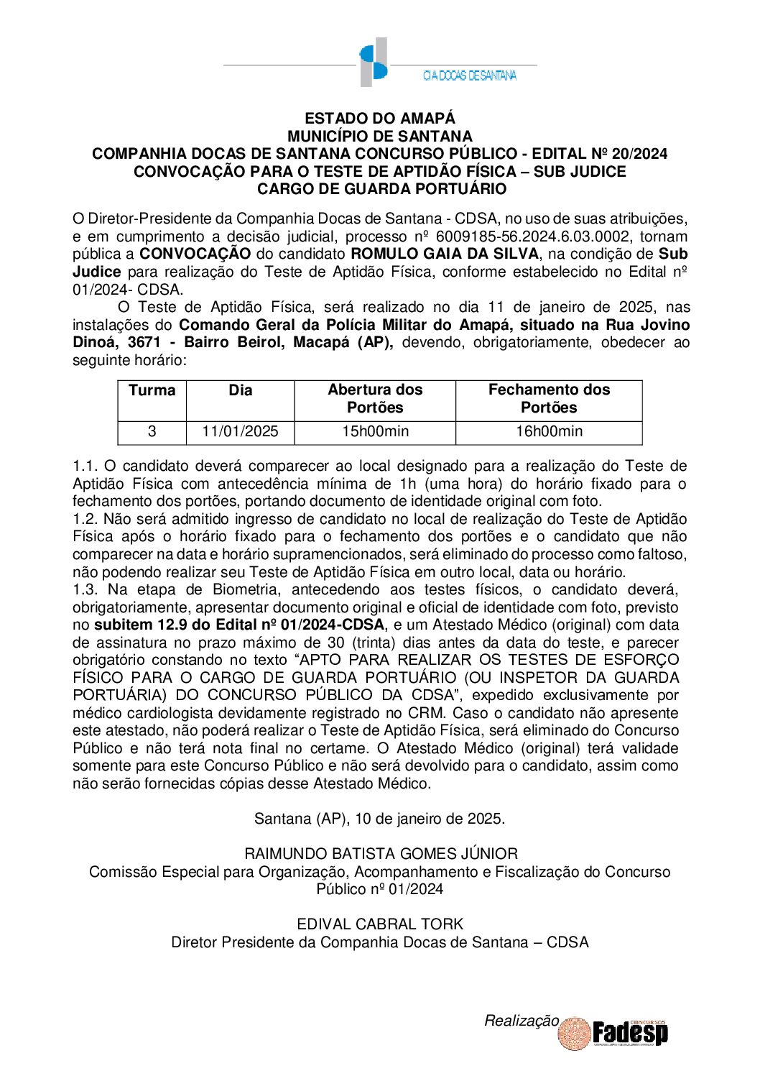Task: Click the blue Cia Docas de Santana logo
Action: click(x=374, y=63)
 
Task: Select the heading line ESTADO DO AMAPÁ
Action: click(x=379, y=119)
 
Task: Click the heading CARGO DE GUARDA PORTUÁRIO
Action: click(x=381, y=189)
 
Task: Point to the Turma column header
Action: click(x=152, y=390)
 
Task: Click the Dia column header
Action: click(x=240, y=390)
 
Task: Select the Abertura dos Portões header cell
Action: click(x=375, y=399)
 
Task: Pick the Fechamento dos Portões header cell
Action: click(x=549, y=399)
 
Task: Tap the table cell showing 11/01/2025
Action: click(x=240, y=432)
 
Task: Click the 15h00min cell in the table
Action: click(x=375, y=432)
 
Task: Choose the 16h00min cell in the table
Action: click(x=549, y=432)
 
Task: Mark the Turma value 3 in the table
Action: click(x=152, y=432)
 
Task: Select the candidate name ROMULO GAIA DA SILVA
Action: click(x=444, y=254)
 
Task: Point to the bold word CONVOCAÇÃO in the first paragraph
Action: click(x=195, y=254)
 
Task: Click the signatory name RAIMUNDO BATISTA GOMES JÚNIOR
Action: click(x=381, y=854)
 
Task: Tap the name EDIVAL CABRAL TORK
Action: click(x=380, y=924)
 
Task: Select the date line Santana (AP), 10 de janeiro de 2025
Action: click(x=379, y=819)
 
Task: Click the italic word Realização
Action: click(x=521, y=1021)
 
